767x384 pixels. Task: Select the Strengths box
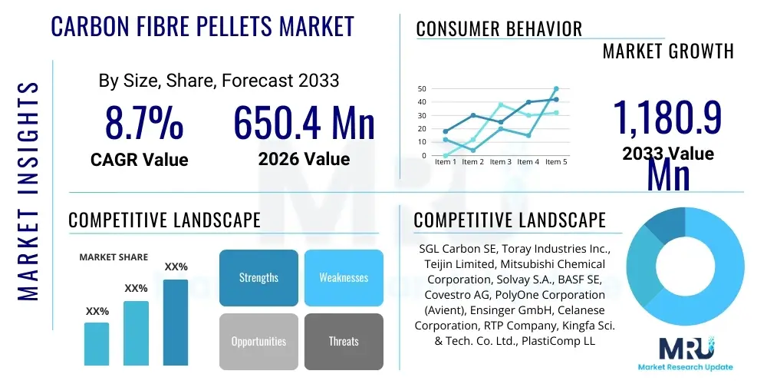(x=258, y=277)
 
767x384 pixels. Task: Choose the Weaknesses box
(x=343, y=277)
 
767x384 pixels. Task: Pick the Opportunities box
(x=258, y=341)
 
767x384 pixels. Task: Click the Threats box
(x=343, y=341)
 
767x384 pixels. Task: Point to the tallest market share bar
(x=176, y=322)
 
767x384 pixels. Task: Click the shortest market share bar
(x=97, y=343)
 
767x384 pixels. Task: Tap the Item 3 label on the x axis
(x=500, y=162)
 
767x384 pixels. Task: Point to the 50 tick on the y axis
(x=422, y=89)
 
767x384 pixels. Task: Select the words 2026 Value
(x=304, y=159)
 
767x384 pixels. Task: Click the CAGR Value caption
(x=139, y=159)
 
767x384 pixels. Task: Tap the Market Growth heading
(x=668, y=51)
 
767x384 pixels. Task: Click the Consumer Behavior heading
(x=499, y=29)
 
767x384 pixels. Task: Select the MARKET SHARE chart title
(x=114, y=257)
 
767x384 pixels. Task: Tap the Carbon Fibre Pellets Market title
(x=202, y=26)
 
